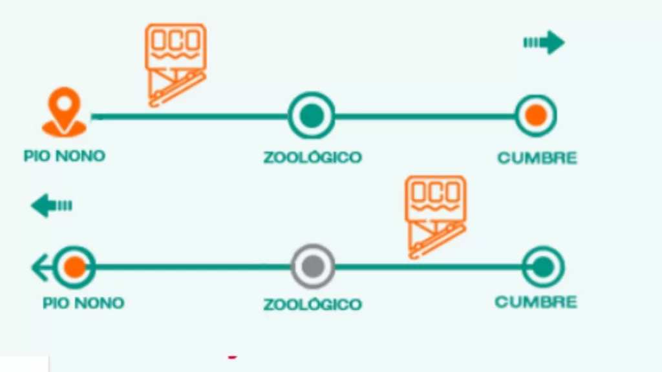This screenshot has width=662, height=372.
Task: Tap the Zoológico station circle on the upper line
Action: (311, 116)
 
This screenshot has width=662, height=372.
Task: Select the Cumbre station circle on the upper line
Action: (535, 116)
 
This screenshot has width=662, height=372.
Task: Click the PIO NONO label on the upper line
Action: (64, 156)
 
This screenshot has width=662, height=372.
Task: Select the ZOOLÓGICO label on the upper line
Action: (312, 158)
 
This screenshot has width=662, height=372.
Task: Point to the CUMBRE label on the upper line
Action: (537, 158)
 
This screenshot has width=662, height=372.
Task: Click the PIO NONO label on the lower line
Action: (83, 303)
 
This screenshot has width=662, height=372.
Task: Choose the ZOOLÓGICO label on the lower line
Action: (312, 304)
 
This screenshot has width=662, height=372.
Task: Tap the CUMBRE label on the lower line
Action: (536, 302)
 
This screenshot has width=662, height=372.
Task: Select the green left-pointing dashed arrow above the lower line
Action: (52, 206)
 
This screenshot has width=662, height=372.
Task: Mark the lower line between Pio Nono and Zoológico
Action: (194, 266)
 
